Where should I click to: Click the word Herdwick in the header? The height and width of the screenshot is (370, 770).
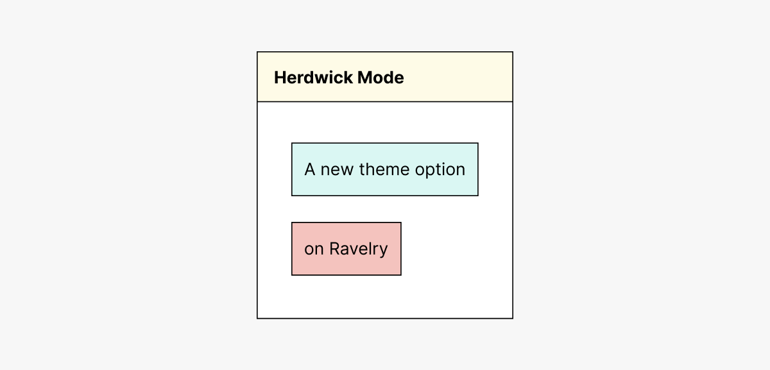point(313,78)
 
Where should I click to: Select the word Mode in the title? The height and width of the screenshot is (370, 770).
point(381,78)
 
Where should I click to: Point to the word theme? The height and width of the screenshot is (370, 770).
point(384,170)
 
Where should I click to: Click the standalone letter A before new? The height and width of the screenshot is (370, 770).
point(310,170)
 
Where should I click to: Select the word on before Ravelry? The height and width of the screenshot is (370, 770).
point(314,249)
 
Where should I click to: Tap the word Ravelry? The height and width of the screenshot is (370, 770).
point(359,249)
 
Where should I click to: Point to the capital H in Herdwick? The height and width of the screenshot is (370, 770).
point(280,78)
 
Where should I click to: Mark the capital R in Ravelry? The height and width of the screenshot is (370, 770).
point(334,249)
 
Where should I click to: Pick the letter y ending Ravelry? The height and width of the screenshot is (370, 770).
point(383,250)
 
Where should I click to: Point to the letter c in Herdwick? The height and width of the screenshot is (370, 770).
point(340,78)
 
